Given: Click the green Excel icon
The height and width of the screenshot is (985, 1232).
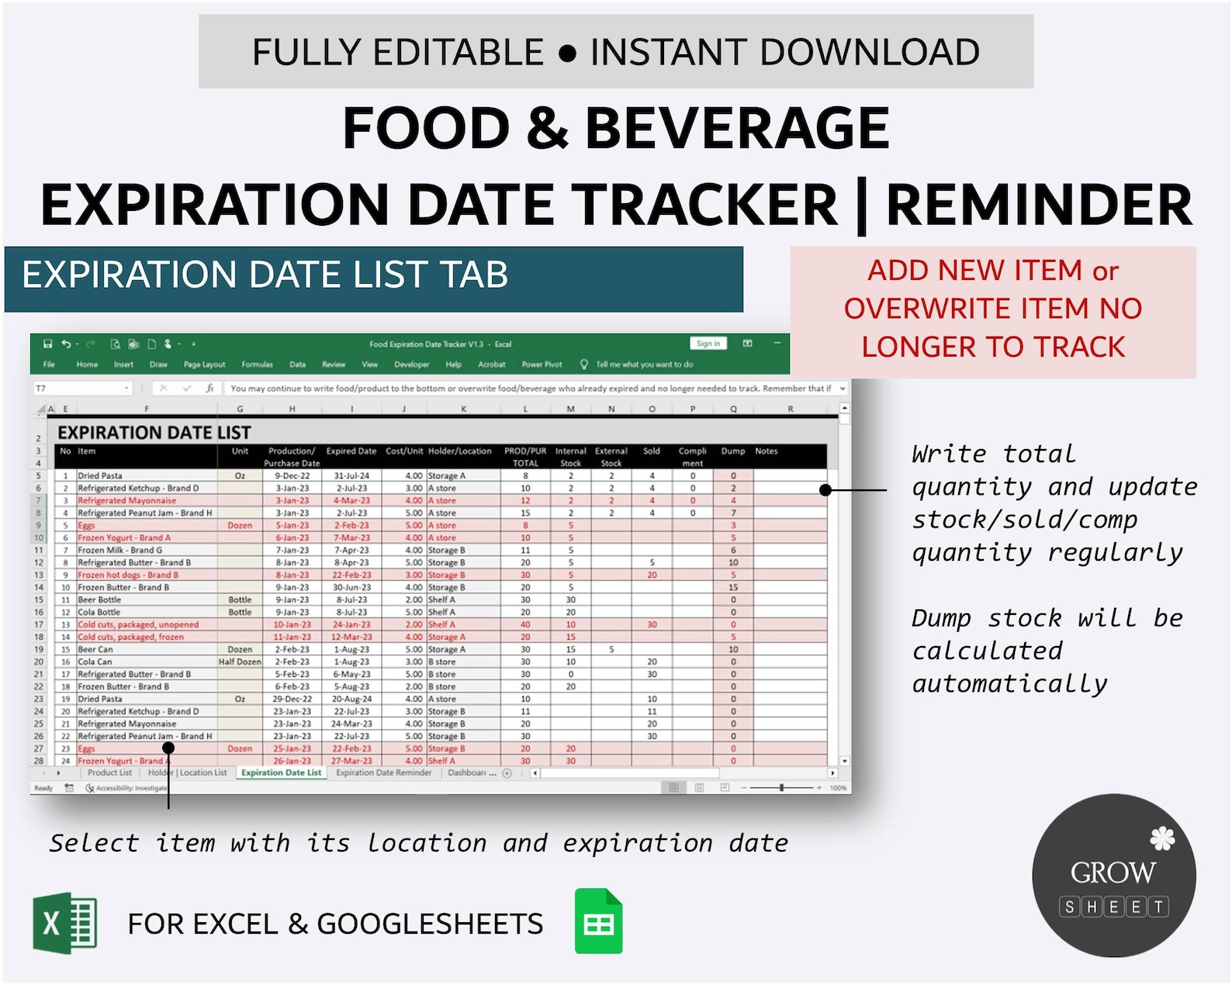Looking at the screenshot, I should coord(65,923).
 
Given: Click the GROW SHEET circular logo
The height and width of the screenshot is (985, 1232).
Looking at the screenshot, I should coord(1113,875).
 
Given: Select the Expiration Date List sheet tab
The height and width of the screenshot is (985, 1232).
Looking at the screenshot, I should coord(281,772).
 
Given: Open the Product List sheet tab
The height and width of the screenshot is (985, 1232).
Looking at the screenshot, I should coord(109,772).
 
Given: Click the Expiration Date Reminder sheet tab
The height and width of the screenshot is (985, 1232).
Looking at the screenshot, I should coord(383,772).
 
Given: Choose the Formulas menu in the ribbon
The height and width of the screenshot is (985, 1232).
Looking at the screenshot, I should coord(257,365).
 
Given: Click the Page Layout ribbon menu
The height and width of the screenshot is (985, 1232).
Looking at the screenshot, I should coord(204,365).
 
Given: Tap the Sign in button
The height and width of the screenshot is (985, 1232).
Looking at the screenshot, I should coord(708,344).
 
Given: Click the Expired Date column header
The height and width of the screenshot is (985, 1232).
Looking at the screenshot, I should coord(351,451).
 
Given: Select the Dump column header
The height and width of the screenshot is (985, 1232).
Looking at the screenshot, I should coord(732,451).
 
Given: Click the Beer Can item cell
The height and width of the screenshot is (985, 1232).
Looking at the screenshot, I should coord(95,649).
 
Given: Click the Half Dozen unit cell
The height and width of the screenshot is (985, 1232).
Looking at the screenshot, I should coord(240,662).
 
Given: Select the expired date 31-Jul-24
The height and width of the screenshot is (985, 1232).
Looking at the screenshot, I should coord(351,475).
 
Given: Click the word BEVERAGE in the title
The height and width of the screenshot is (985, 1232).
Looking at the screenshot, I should coord(736,128).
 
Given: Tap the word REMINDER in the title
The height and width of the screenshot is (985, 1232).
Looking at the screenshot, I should coord(1038,205).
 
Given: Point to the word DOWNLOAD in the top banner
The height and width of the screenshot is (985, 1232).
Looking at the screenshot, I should coord(870,52).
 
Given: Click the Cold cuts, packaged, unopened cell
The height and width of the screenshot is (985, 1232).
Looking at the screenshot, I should coord(138,624).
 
